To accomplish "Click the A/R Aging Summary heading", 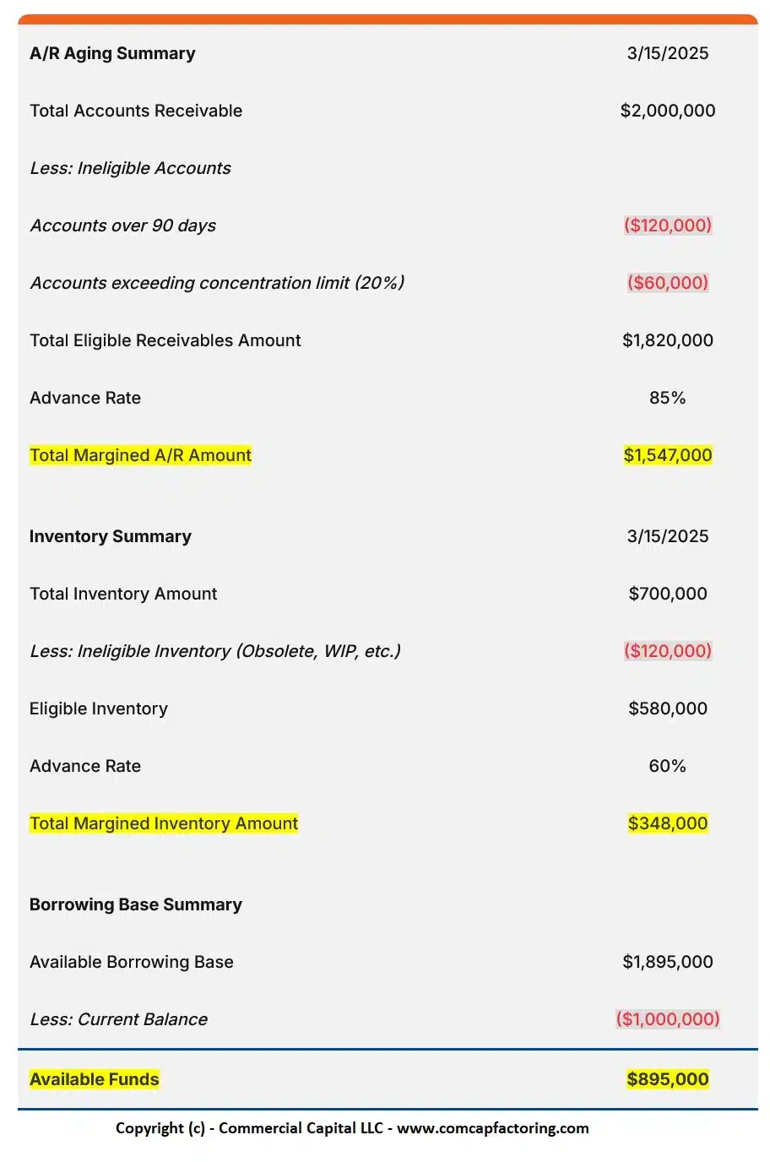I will pos(112,53).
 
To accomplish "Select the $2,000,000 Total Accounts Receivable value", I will pos(667,111).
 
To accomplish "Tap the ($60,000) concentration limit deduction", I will pos(667,283).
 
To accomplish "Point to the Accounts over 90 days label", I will pos(123,225).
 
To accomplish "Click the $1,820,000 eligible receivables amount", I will pos(667,340).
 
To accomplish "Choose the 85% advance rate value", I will pos(667,398).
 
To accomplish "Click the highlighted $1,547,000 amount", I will pos(667,455).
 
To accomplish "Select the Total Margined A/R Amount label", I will pos(140,455).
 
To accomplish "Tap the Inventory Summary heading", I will pos(111,536).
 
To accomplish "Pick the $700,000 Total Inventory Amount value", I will pos(667,594).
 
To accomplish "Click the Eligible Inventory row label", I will pos(99,709).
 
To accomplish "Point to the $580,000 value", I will pos(667,709).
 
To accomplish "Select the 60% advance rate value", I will pos(667,766).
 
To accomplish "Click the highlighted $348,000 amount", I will pos(667,823).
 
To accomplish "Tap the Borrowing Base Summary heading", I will pos(136,904).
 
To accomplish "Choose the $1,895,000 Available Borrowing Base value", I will pos(667,962).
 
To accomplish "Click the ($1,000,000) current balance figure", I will pos(667,1019).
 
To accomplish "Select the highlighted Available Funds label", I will pos(95,1079).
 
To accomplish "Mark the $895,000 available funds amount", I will pos(667,1079).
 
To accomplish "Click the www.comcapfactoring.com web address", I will pos(492,1128).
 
